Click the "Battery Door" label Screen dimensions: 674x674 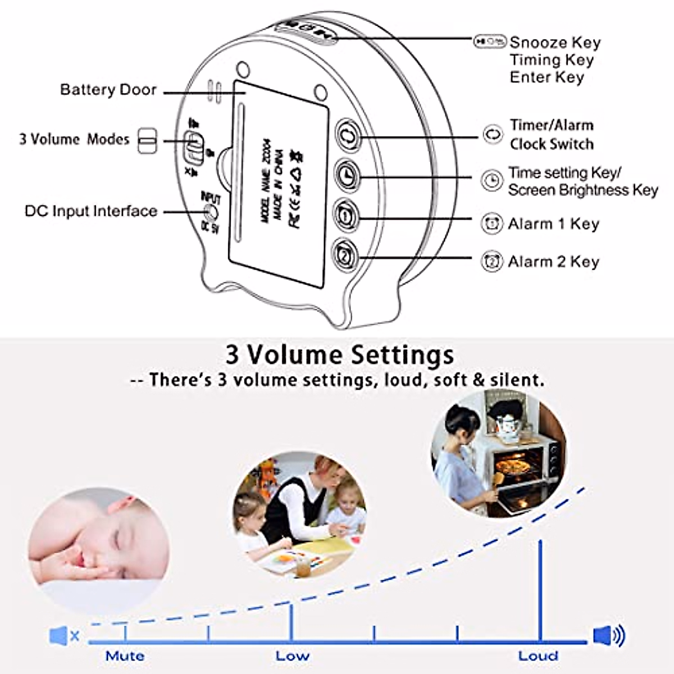pyautogui.click(x=108, y=90)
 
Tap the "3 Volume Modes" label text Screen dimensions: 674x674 pyautogui.click(x=74, y=139)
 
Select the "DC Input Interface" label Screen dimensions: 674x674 pyautogui.click(x=91, y=211)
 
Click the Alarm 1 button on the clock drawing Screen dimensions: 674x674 pyautogui.click(x=346, y=213)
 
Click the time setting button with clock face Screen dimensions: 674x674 pyautogui.click(x=347, y=175)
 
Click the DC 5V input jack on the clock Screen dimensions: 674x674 pyautogui.click(x=211, y=212)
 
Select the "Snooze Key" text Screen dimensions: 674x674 pyautogui.click(x=555, y=43)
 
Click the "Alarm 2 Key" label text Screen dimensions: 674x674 pyautogui.click(x=553, y=262)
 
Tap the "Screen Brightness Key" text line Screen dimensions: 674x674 pyautogui.click(x=582, y=190)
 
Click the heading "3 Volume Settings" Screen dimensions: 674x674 pyautogui.click(x=339, y=355)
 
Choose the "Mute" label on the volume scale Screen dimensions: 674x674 pyautogui.click(x=125, y=655)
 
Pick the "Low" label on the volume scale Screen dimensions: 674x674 pyautogui.click(x=292, y=655)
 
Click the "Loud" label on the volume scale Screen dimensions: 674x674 pyautogui.click(x=538, y=655)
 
